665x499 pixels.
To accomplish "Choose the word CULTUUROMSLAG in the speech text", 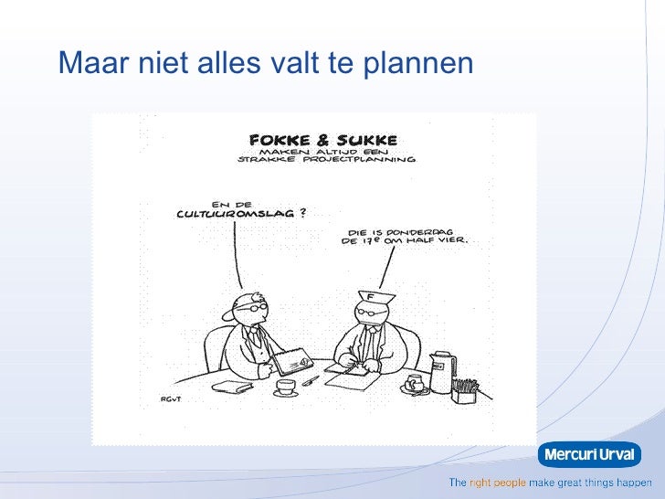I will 235,214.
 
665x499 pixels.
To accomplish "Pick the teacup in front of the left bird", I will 287,387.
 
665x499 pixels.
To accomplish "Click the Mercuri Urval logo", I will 589,453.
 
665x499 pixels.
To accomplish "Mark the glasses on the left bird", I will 248,310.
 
